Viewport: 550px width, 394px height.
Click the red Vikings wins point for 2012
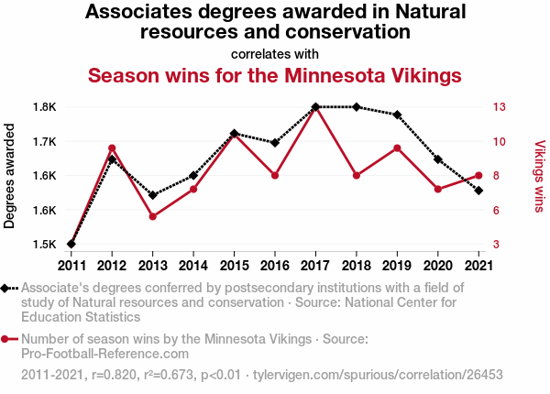tap(112, 148)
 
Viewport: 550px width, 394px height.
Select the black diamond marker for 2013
tap(152, 195)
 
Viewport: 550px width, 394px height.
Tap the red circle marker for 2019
tap(397, 148)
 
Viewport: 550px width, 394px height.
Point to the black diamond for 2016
tap(275, 143)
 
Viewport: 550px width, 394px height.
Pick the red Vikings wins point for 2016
tap(275, 175)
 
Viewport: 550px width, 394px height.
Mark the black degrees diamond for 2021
tap(478, 191)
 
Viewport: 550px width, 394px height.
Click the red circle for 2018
tap(357, 175)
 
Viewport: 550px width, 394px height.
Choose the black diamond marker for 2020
tap(438, 159)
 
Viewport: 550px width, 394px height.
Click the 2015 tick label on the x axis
tap(234, 266)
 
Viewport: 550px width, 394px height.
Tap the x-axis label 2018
tap(357, 266)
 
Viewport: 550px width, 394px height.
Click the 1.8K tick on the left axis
tap(45, 107)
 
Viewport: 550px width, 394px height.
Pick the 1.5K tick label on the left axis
tap(45, 245)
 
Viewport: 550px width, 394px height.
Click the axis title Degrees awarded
tap(10, 176)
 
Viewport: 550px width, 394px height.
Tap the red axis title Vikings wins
tap(539, 176)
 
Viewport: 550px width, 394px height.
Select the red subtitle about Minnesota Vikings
tap(275, 74)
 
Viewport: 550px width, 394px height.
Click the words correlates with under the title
tap(275, 53)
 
